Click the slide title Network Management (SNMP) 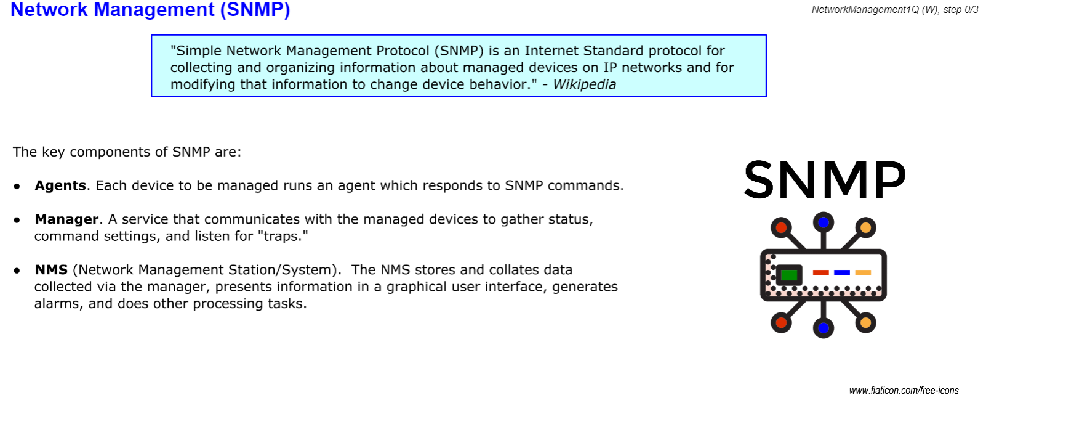coord(150,10)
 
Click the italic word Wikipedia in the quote coord(584,84)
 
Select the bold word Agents coord(60,185)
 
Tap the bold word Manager coord(66,219)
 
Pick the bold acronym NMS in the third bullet coord(51,270)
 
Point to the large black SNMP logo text coord(825,180)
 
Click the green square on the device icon coord(788,274)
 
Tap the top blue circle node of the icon coord(824,222)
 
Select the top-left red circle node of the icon coord(781,228)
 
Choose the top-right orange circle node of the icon coord(865,228)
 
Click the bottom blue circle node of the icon coord(824,328)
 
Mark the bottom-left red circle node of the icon coord(781,322)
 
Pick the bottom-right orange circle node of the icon coord(865,322)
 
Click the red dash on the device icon coord(821,272)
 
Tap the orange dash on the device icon coord(863,272)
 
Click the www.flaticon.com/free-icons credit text coord(904,391)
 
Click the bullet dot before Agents coord(17,186)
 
